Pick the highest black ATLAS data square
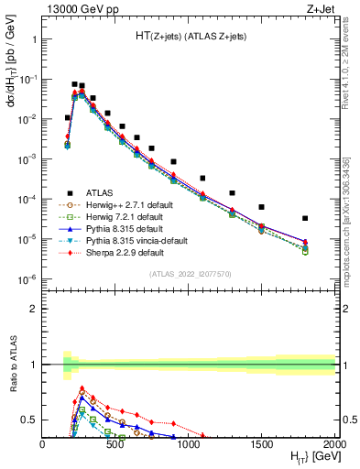click(x=74, y=84)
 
